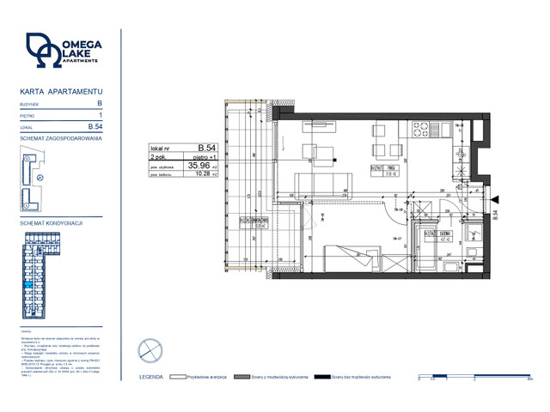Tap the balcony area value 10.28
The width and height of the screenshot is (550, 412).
tap(205, 174)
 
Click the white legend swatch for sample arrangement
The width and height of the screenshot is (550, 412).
tap(178, 376)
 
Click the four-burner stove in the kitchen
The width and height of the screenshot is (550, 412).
tap(422, 130)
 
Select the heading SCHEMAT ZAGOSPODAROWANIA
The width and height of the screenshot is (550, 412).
tap(60, 138)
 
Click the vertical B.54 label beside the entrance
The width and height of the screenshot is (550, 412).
tap(496, 217)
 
